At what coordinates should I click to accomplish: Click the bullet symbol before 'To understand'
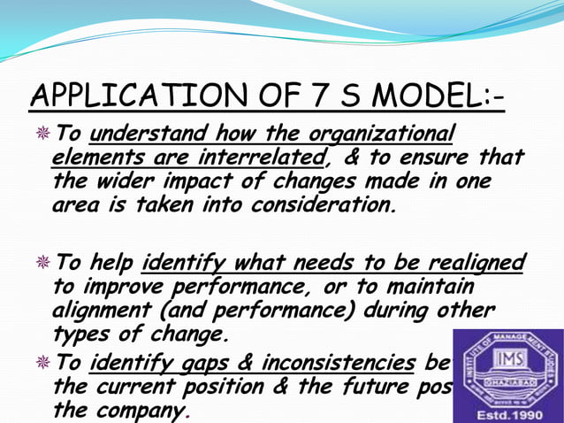[42, 135]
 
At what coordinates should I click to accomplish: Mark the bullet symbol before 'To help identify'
[42, 264]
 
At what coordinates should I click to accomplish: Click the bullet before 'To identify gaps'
[42, 362]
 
